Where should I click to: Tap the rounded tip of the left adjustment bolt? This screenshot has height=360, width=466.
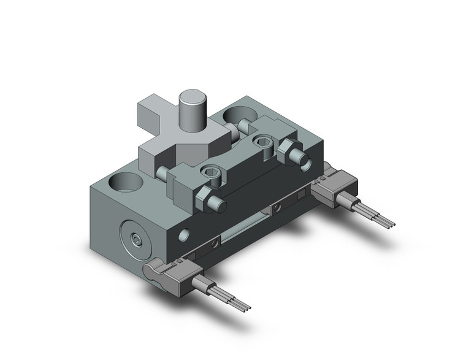[x=216, y=204]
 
